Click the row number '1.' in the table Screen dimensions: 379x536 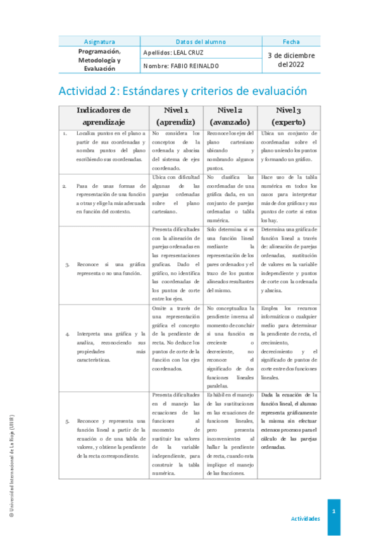point(65,134)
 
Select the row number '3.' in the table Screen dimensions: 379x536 point(66,264)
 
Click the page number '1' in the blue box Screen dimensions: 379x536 point(333,511)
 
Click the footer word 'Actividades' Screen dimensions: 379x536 point(305,518)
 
